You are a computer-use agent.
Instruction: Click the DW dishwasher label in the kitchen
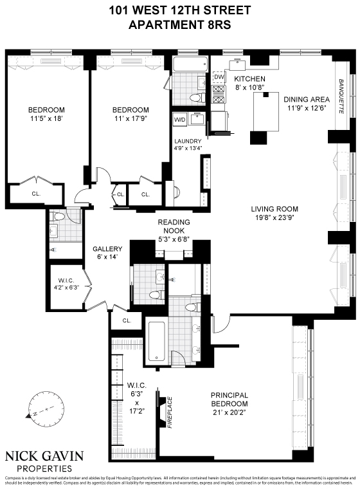pyautogui.click(x=219, y=77)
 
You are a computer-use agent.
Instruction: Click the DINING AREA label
pyautogui.click(x=307, y=99)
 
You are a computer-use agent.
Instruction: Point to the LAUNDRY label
pyautogui.click(x=188, y=142)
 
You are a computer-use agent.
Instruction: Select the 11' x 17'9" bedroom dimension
pyautogui.click(x=130, y=118)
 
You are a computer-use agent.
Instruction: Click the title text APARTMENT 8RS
pyautogui.click(x=179, y=25)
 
